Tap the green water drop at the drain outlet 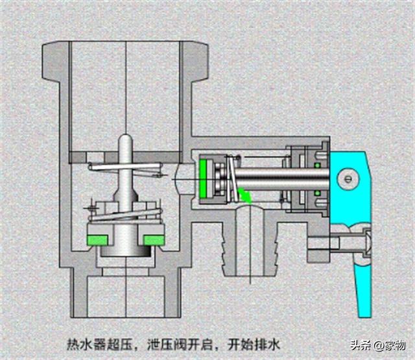[x=245, y=195]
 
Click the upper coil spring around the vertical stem [x=124, y=170]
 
